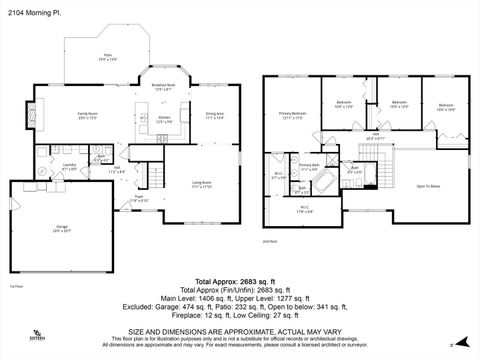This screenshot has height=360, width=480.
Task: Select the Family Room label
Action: (x=86, y=115)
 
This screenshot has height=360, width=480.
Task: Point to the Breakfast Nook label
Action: (x=163, y=86)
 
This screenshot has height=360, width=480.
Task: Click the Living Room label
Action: (x=200, y=182)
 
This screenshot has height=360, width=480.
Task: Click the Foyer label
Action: (x=141, y=198)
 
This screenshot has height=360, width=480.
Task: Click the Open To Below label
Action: (x=428, y=186)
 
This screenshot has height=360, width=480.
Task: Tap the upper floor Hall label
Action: (x=375, y=137)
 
